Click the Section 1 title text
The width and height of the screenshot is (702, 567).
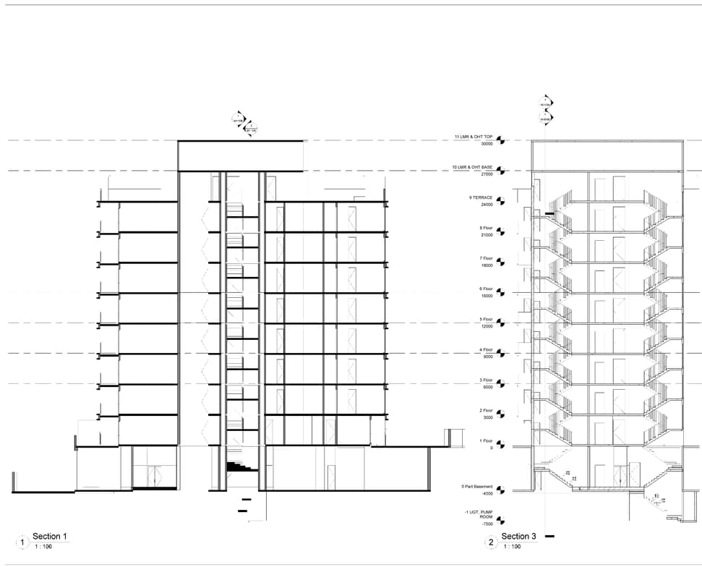[50, 536]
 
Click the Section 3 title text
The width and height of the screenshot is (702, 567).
[519, 536]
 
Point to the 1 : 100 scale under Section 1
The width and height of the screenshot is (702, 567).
[43, 547]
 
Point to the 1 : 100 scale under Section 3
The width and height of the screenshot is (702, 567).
[511, 547]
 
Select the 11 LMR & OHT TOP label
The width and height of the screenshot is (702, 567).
[474, 136]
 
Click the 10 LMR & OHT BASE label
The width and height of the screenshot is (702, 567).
[473, 166]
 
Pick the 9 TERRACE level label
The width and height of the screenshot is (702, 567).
[480, 197]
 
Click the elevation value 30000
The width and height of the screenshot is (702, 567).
[487, 143]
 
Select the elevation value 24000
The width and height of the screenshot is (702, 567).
[487, 204]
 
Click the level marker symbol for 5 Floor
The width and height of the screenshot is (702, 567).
[500, 322]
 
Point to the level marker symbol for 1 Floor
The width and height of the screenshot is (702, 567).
[500, 443]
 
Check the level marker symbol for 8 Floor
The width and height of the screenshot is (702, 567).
[500, 231]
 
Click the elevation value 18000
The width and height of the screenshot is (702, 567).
[487, 265]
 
